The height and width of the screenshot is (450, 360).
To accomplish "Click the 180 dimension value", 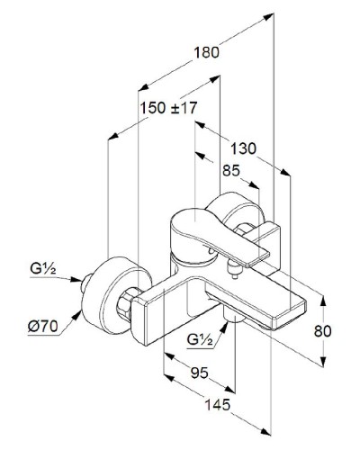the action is (206, 53).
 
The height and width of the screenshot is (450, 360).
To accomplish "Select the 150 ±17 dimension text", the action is (169, 108).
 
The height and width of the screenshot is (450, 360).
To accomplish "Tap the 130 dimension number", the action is (243, 148).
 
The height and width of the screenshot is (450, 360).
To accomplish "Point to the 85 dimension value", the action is (231, 170).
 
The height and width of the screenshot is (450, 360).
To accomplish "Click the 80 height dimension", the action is (322, 331).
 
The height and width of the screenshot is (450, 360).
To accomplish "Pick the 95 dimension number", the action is (199, 373).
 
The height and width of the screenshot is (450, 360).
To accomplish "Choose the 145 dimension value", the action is (218, 405).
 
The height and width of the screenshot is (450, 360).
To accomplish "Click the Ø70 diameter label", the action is (42, 326).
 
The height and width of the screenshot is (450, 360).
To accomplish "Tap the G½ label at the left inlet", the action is (43, 268).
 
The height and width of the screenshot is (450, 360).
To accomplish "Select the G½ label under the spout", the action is (200, 339).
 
